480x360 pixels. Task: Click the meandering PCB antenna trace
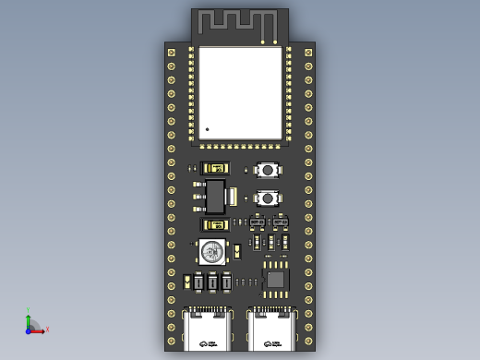(238, 22)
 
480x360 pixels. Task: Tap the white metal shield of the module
(240, 92)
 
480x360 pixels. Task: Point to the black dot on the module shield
(208, 129)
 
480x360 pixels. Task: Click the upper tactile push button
(268, 170)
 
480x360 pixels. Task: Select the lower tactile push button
(268, 198)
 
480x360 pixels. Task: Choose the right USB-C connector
(272, 330)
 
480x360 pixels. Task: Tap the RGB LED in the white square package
(212, 250)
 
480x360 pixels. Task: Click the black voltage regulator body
(215, 196)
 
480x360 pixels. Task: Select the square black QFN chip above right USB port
(276, 277)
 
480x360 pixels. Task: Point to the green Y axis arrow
(29, 315)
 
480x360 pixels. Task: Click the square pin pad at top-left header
(171, 53)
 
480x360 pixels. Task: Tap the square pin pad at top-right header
(308, 53)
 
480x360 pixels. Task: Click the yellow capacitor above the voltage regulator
(217, 168)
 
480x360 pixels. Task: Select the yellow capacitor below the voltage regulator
(217, 224)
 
